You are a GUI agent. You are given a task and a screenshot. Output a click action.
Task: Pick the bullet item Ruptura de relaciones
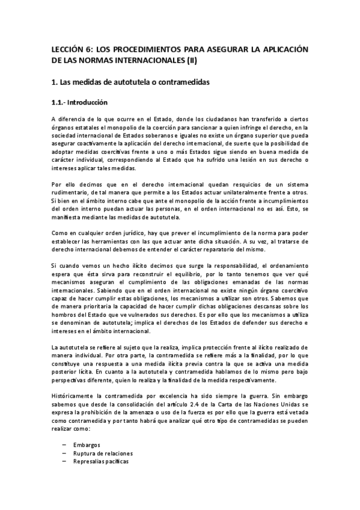click(x=103, y=453)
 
